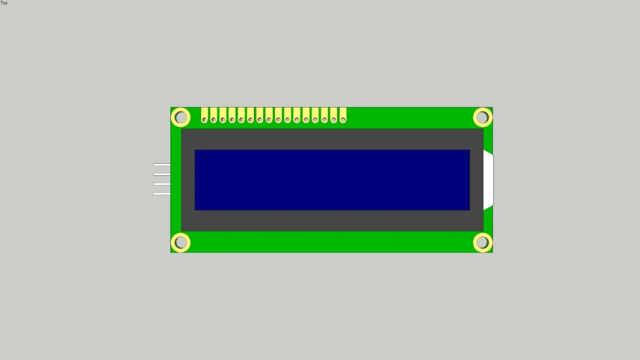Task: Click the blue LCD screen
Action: (x=332, y=180)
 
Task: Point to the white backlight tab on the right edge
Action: (x=488, y=180)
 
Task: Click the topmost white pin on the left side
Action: (x=162, y=165)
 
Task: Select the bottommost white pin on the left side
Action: (x=162, y=194)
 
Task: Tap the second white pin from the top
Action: (x=162, y=174)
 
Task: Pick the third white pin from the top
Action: (x=162, y=184)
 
